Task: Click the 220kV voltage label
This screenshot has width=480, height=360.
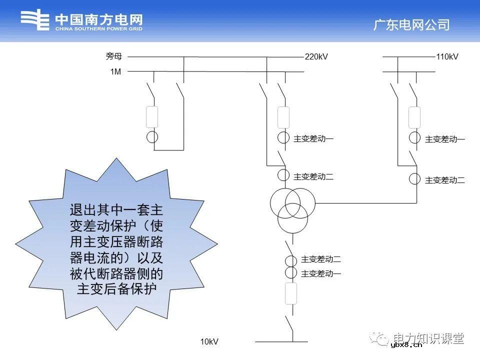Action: (316, 57)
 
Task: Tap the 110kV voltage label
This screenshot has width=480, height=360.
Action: (447, 57)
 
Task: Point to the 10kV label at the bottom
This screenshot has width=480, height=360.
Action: (209, 342)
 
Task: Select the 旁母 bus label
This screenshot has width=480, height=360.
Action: (113, 57)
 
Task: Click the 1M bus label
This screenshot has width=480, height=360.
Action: (115, 72)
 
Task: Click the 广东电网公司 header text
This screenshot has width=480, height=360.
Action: (411, 25)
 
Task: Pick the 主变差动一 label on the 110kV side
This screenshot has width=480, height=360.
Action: (445, 139)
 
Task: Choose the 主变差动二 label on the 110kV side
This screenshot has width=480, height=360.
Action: (445, 180)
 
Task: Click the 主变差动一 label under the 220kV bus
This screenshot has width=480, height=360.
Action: (313, 139)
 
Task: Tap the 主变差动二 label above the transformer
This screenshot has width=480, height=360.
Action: (313, 176)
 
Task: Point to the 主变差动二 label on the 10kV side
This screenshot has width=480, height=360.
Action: (321, 259)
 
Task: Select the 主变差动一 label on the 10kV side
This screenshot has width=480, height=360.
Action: (321, 273)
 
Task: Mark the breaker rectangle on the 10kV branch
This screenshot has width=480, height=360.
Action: (290, 293)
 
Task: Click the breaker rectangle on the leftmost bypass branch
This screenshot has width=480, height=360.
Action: (152, 117)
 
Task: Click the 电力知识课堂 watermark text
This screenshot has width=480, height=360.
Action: (428, 338)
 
